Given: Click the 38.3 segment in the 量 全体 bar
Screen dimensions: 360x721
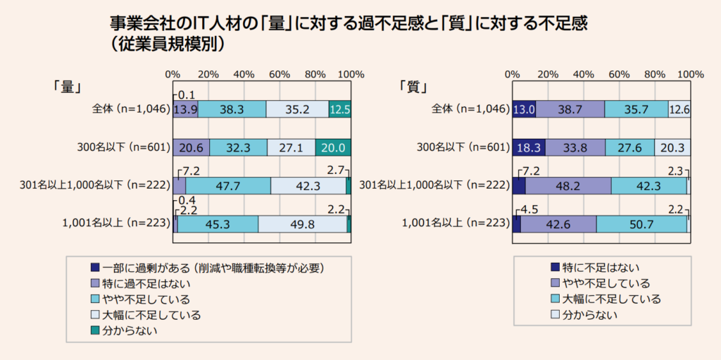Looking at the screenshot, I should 232,109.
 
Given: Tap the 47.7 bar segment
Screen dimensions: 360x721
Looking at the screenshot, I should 227,185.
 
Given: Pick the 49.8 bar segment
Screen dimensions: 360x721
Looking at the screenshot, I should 303,223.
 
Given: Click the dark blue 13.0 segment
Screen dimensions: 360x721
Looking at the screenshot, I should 524,109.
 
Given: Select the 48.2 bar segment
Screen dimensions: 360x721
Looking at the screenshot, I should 568,185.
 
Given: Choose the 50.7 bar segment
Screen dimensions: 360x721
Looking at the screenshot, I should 641,223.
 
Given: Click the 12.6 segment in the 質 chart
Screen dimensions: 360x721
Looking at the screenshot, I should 679,109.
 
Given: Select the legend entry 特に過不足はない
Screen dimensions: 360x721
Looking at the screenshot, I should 146,283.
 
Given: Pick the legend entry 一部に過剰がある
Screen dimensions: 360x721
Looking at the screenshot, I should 211,268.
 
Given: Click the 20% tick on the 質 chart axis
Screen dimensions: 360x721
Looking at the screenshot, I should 548,74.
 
